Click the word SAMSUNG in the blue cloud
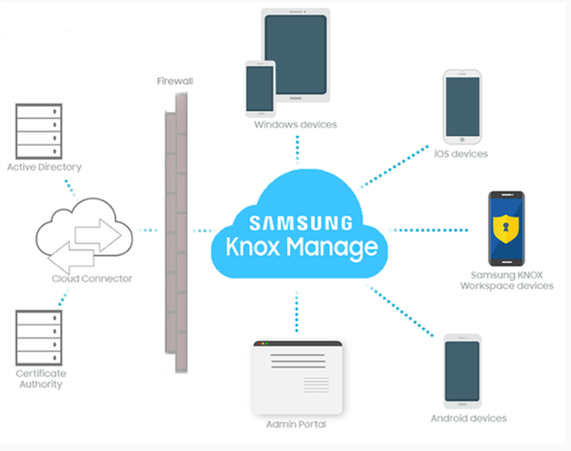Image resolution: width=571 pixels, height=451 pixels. tap(301, 223)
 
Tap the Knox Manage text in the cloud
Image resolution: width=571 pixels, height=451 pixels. tap(301, 246)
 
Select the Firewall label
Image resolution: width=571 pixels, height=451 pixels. tap(174, 81)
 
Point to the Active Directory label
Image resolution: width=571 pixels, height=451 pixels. tap(43, 167)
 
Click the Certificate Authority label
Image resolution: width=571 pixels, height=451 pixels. tap(41, 379)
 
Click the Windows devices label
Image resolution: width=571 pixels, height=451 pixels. tap(295, 125)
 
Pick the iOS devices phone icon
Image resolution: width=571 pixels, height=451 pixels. tap(462, 107)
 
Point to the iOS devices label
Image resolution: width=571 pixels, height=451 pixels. tap(461, 154)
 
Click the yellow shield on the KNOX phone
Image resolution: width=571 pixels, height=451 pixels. tap(506, 226)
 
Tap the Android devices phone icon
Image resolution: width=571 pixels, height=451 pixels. tap(462, 370)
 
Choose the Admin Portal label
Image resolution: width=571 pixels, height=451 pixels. tap(296, 424)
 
